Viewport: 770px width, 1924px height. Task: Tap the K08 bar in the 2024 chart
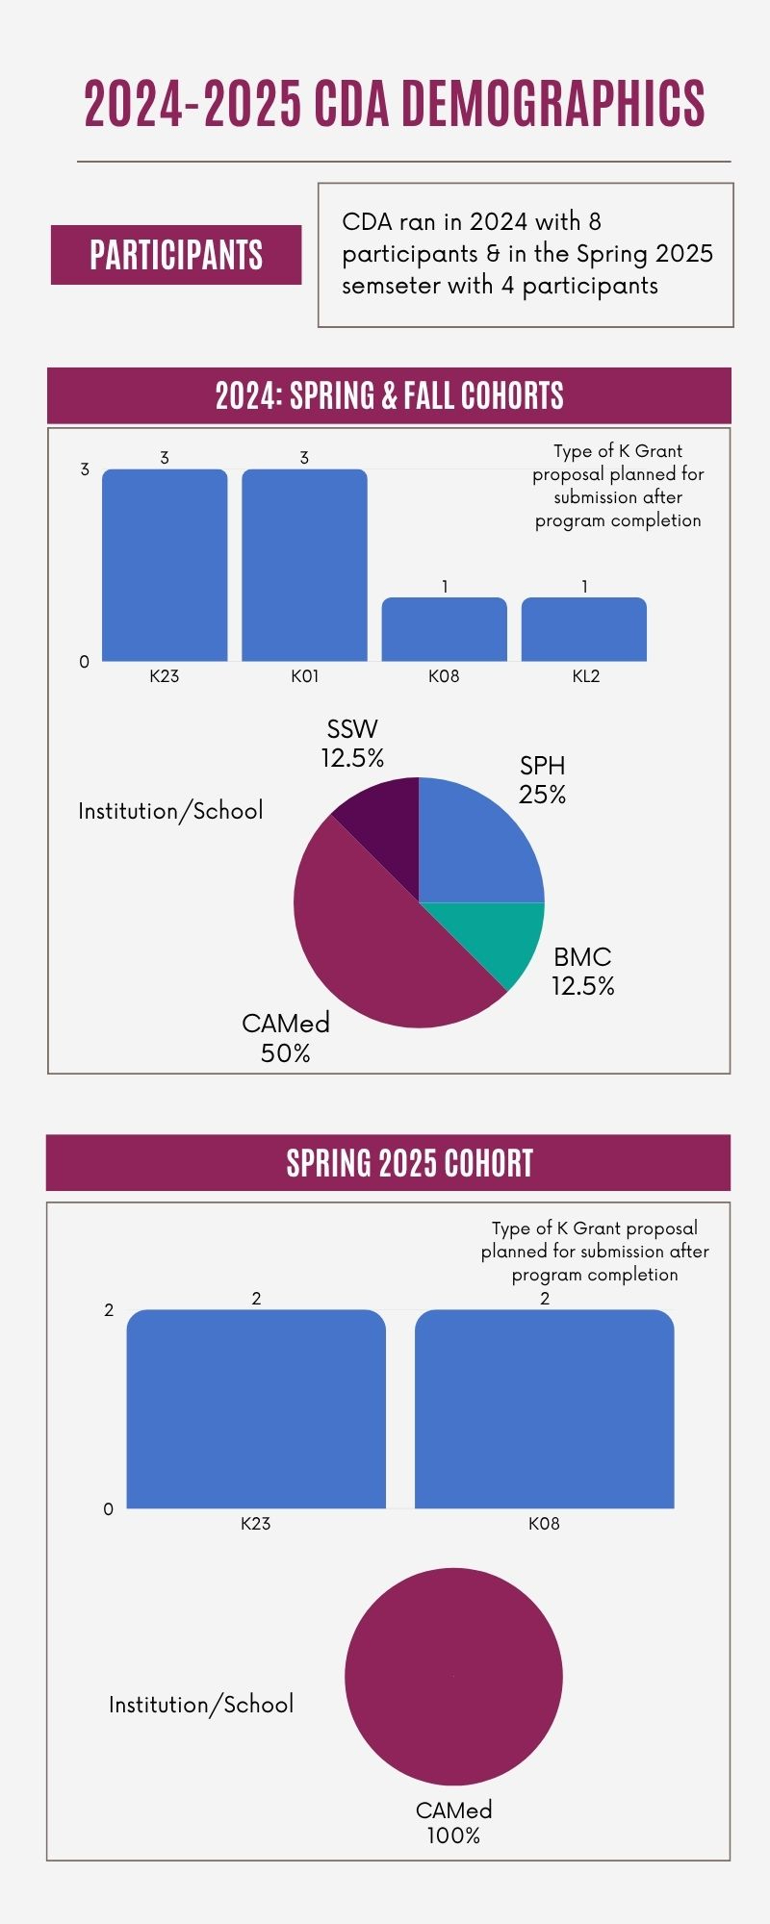pos(444,629)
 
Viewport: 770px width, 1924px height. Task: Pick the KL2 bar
pos(584,629)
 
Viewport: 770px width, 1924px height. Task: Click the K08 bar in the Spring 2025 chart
pos(544,1408)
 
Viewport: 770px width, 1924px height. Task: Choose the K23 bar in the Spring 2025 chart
pos(256,1408)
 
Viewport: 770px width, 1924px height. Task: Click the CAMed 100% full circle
pos(453,1676)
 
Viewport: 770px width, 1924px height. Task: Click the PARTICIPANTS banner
pos(176,255)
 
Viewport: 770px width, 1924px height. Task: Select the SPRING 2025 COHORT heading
pos(409,1163)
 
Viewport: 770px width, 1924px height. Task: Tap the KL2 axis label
pos(585,676)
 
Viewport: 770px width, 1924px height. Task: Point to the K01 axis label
pos(304,676)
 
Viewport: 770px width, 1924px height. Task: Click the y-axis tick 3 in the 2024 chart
pos(85,469)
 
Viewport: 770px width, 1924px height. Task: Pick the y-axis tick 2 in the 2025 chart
pos(109,1310)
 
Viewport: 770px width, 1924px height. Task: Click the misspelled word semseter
pos(398,286)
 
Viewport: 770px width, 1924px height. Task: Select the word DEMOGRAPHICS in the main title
pos(553,104)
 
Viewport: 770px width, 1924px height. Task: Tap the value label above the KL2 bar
pos(584,586)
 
